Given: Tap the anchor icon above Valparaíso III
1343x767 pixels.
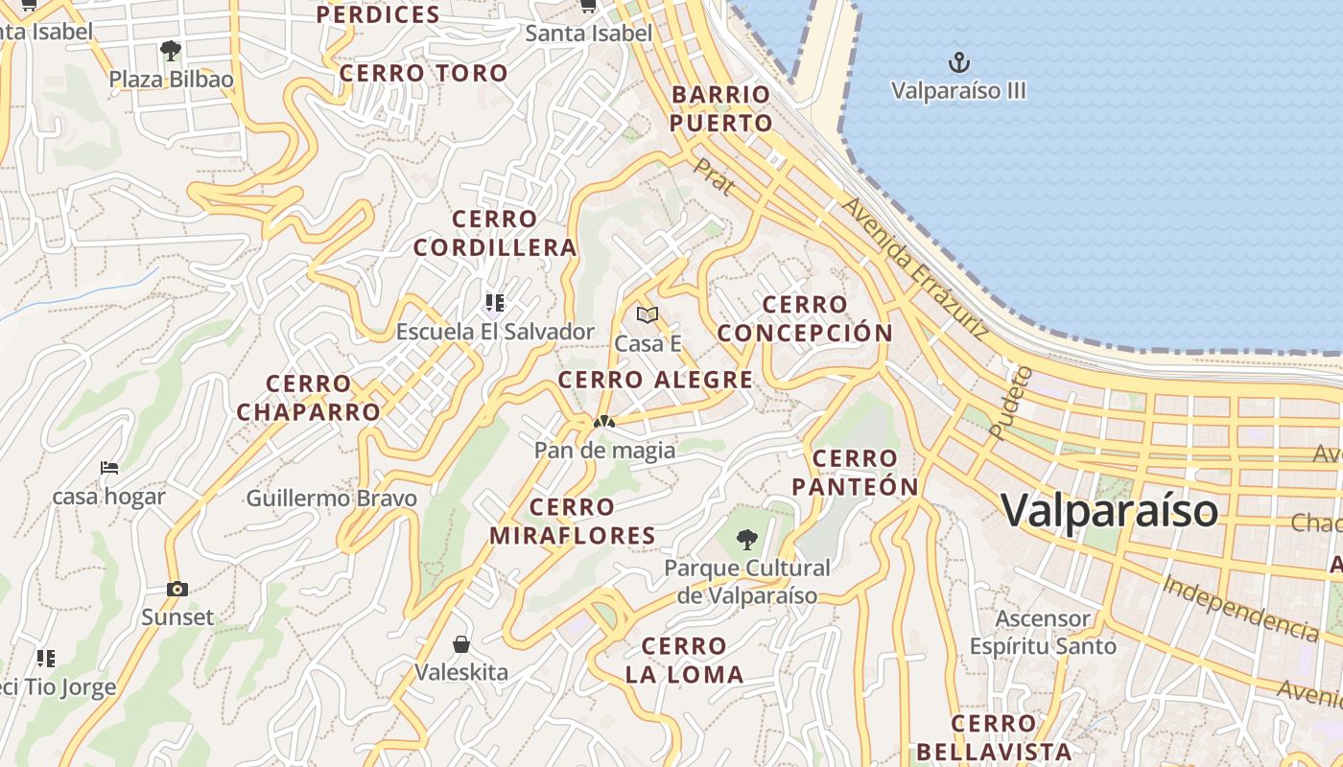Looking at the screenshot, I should tap(958, 63).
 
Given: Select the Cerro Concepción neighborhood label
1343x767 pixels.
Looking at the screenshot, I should tap(805, 319).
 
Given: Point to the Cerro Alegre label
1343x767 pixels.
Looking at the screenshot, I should tap(655, 380).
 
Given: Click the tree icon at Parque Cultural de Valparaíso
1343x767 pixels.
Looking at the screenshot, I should tap(747, 540).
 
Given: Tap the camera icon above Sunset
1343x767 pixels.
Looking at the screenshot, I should tap(177, 589).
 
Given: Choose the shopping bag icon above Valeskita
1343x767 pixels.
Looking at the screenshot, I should tap(461, 643).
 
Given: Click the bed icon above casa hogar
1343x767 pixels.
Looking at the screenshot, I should tap(109, 468).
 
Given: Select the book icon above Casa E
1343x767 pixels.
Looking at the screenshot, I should tap(648, 314).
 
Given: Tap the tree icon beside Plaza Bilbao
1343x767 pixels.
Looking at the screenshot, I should tap(171, 50).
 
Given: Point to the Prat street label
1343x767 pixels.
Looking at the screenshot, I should tap(714, 176).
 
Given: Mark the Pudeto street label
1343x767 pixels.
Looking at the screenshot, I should tap(1010, 403).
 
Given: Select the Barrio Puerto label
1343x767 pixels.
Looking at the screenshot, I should tap(720, 108).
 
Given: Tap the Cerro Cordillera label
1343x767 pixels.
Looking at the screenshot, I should tap(495, 233).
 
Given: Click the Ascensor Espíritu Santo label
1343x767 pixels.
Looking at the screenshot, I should tap(1043, 632).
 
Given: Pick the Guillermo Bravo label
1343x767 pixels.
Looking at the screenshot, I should tap(331, 499).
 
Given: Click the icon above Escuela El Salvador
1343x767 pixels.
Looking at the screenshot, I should tap(495, 303).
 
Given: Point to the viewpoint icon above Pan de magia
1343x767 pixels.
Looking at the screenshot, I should tap(603, 421).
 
